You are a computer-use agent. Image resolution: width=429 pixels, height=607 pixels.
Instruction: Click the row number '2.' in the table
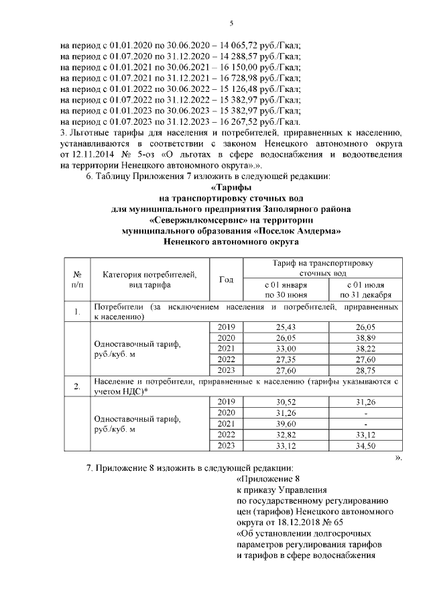pos(77,386)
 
